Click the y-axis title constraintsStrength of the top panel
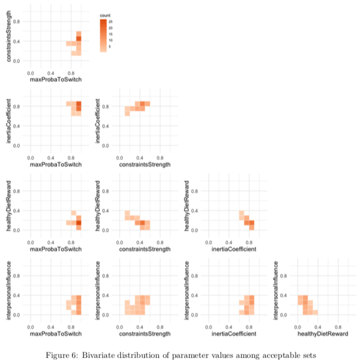10,39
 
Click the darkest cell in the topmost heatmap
79,39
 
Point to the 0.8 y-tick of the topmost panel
17,22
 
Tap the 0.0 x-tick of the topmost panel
30,73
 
